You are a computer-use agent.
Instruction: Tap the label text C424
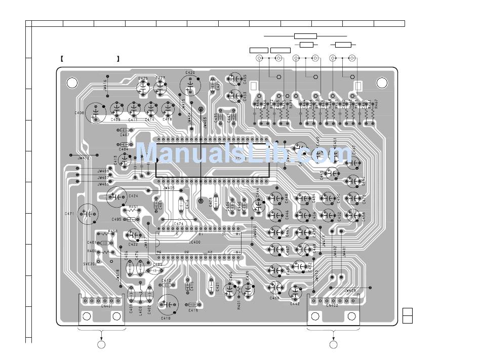(x=133, y=195)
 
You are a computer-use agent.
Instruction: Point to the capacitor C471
(x=89, y=214)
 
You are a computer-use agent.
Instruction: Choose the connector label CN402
(x=332, y=305)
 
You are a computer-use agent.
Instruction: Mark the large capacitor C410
(x=167, y=304)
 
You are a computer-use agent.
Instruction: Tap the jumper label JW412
(x=84, y=158)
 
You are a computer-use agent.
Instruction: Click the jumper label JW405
(x=169, y=188)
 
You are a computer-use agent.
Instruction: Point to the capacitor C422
(x=134, y=234)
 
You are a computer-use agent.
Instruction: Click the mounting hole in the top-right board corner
(x=382, y=83)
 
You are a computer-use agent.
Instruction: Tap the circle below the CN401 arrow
(x=101, y=345)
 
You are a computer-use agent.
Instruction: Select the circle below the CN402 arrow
(x=333, y=345)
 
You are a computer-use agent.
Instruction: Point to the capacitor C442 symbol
(x=295, y=292)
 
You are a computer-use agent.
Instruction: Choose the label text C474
(x=179, y=223)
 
